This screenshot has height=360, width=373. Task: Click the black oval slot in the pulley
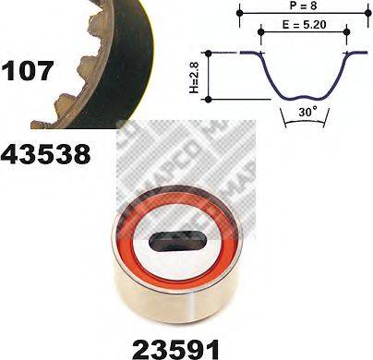point(174,244)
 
